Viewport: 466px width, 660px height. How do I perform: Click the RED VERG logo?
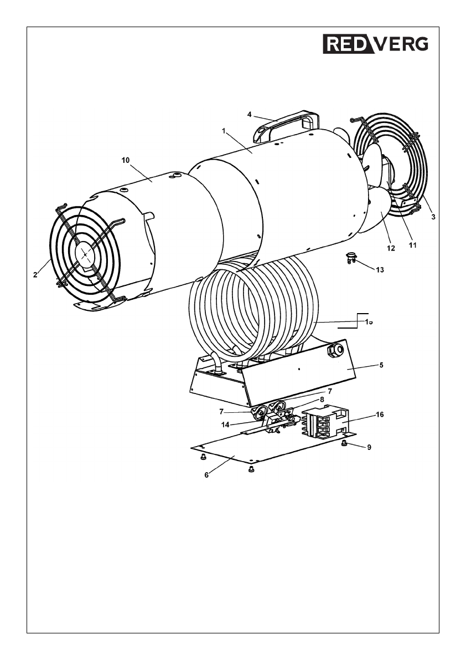point(375,44)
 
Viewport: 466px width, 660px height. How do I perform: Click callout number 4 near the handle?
point(250,115)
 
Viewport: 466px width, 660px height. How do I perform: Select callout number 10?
point(125,160)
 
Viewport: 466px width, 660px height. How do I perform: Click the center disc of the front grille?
point(85,254)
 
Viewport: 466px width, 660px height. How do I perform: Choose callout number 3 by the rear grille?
point(433,217)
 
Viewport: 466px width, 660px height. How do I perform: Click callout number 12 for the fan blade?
point(391,248)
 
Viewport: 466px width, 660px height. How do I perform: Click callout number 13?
point(379,270)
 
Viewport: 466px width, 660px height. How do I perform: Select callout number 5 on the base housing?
point(381,365)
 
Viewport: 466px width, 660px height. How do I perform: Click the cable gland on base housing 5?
point(336,350)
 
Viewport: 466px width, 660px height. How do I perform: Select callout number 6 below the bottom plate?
point(206,475)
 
